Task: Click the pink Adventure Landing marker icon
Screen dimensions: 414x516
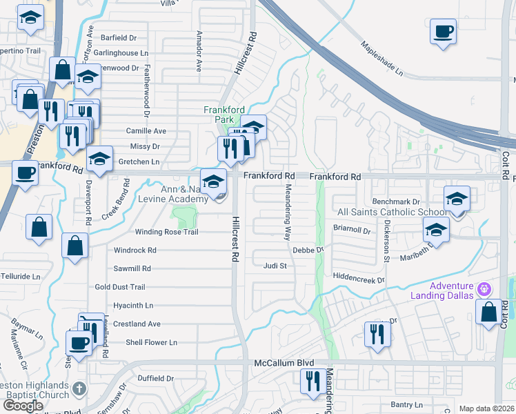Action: tap(485, 287)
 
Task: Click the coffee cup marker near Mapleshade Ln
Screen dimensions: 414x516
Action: tap(443, 31)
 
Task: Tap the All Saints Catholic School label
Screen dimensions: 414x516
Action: tap(392, 212)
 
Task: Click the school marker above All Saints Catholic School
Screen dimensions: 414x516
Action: tap(457, 199)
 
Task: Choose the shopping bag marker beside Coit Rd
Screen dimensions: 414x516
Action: tap(489, 311)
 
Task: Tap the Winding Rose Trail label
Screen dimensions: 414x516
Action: tap(166, 232)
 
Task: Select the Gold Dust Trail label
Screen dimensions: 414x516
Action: tap(120, 287)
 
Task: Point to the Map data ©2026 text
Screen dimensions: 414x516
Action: tap(486, 408)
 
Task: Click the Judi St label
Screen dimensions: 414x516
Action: tap(275, 265)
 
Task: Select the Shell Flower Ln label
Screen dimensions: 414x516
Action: tap(151, 342)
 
